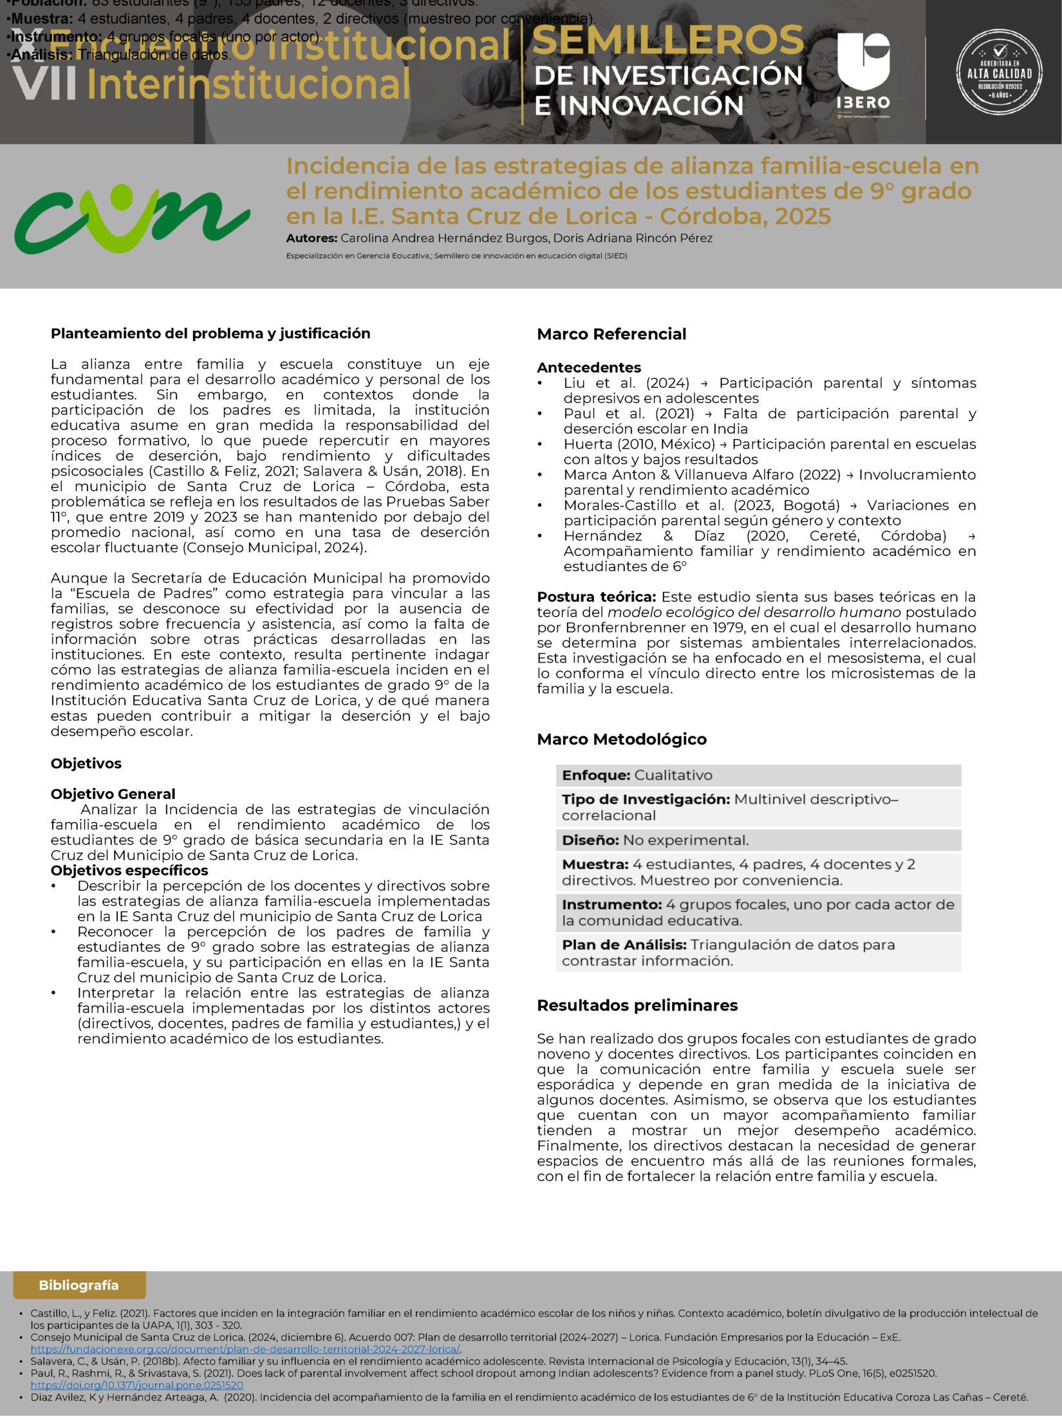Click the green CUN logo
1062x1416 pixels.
pyautogui.click(x=132, y=219)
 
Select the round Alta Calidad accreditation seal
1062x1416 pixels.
pyautogui.click(x=1000, y=72)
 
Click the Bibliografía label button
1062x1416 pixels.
pyautogui.click(x=79, y=1285)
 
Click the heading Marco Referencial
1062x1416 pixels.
pyautogui.click(x=611, y=334)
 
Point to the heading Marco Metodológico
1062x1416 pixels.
pyautogui.click(x=622, y=739)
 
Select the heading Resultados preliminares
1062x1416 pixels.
pyautogui.click(x=637, y=1005)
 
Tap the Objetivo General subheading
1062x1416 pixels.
pyautogui.click(x=113, y=794)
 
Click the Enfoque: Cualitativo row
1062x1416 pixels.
pyautogui.click(x=758, y=775)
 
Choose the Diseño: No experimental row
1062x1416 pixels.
pyautogui.click(x=758, y=840)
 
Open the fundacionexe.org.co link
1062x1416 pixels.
pyautogui.click(x=245, y=1349)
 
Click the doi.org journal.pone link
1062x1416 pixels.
pyautogui.click(x=137, y=1385)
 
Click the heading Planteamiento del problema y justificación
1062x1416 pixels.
pyautogui.click(x=210, y=333)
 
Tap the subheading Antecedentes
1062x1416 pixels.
pyautogui.click(x=589, y=368)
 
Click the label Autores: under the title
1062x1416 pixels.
pyautogui.click(x=312, y=238)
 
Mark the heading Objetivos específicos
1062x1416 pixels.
pyautogui.click(x=129, y=870)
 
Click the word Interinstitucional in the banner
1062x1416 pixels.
pyautogui.click(x=248, y=85)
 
